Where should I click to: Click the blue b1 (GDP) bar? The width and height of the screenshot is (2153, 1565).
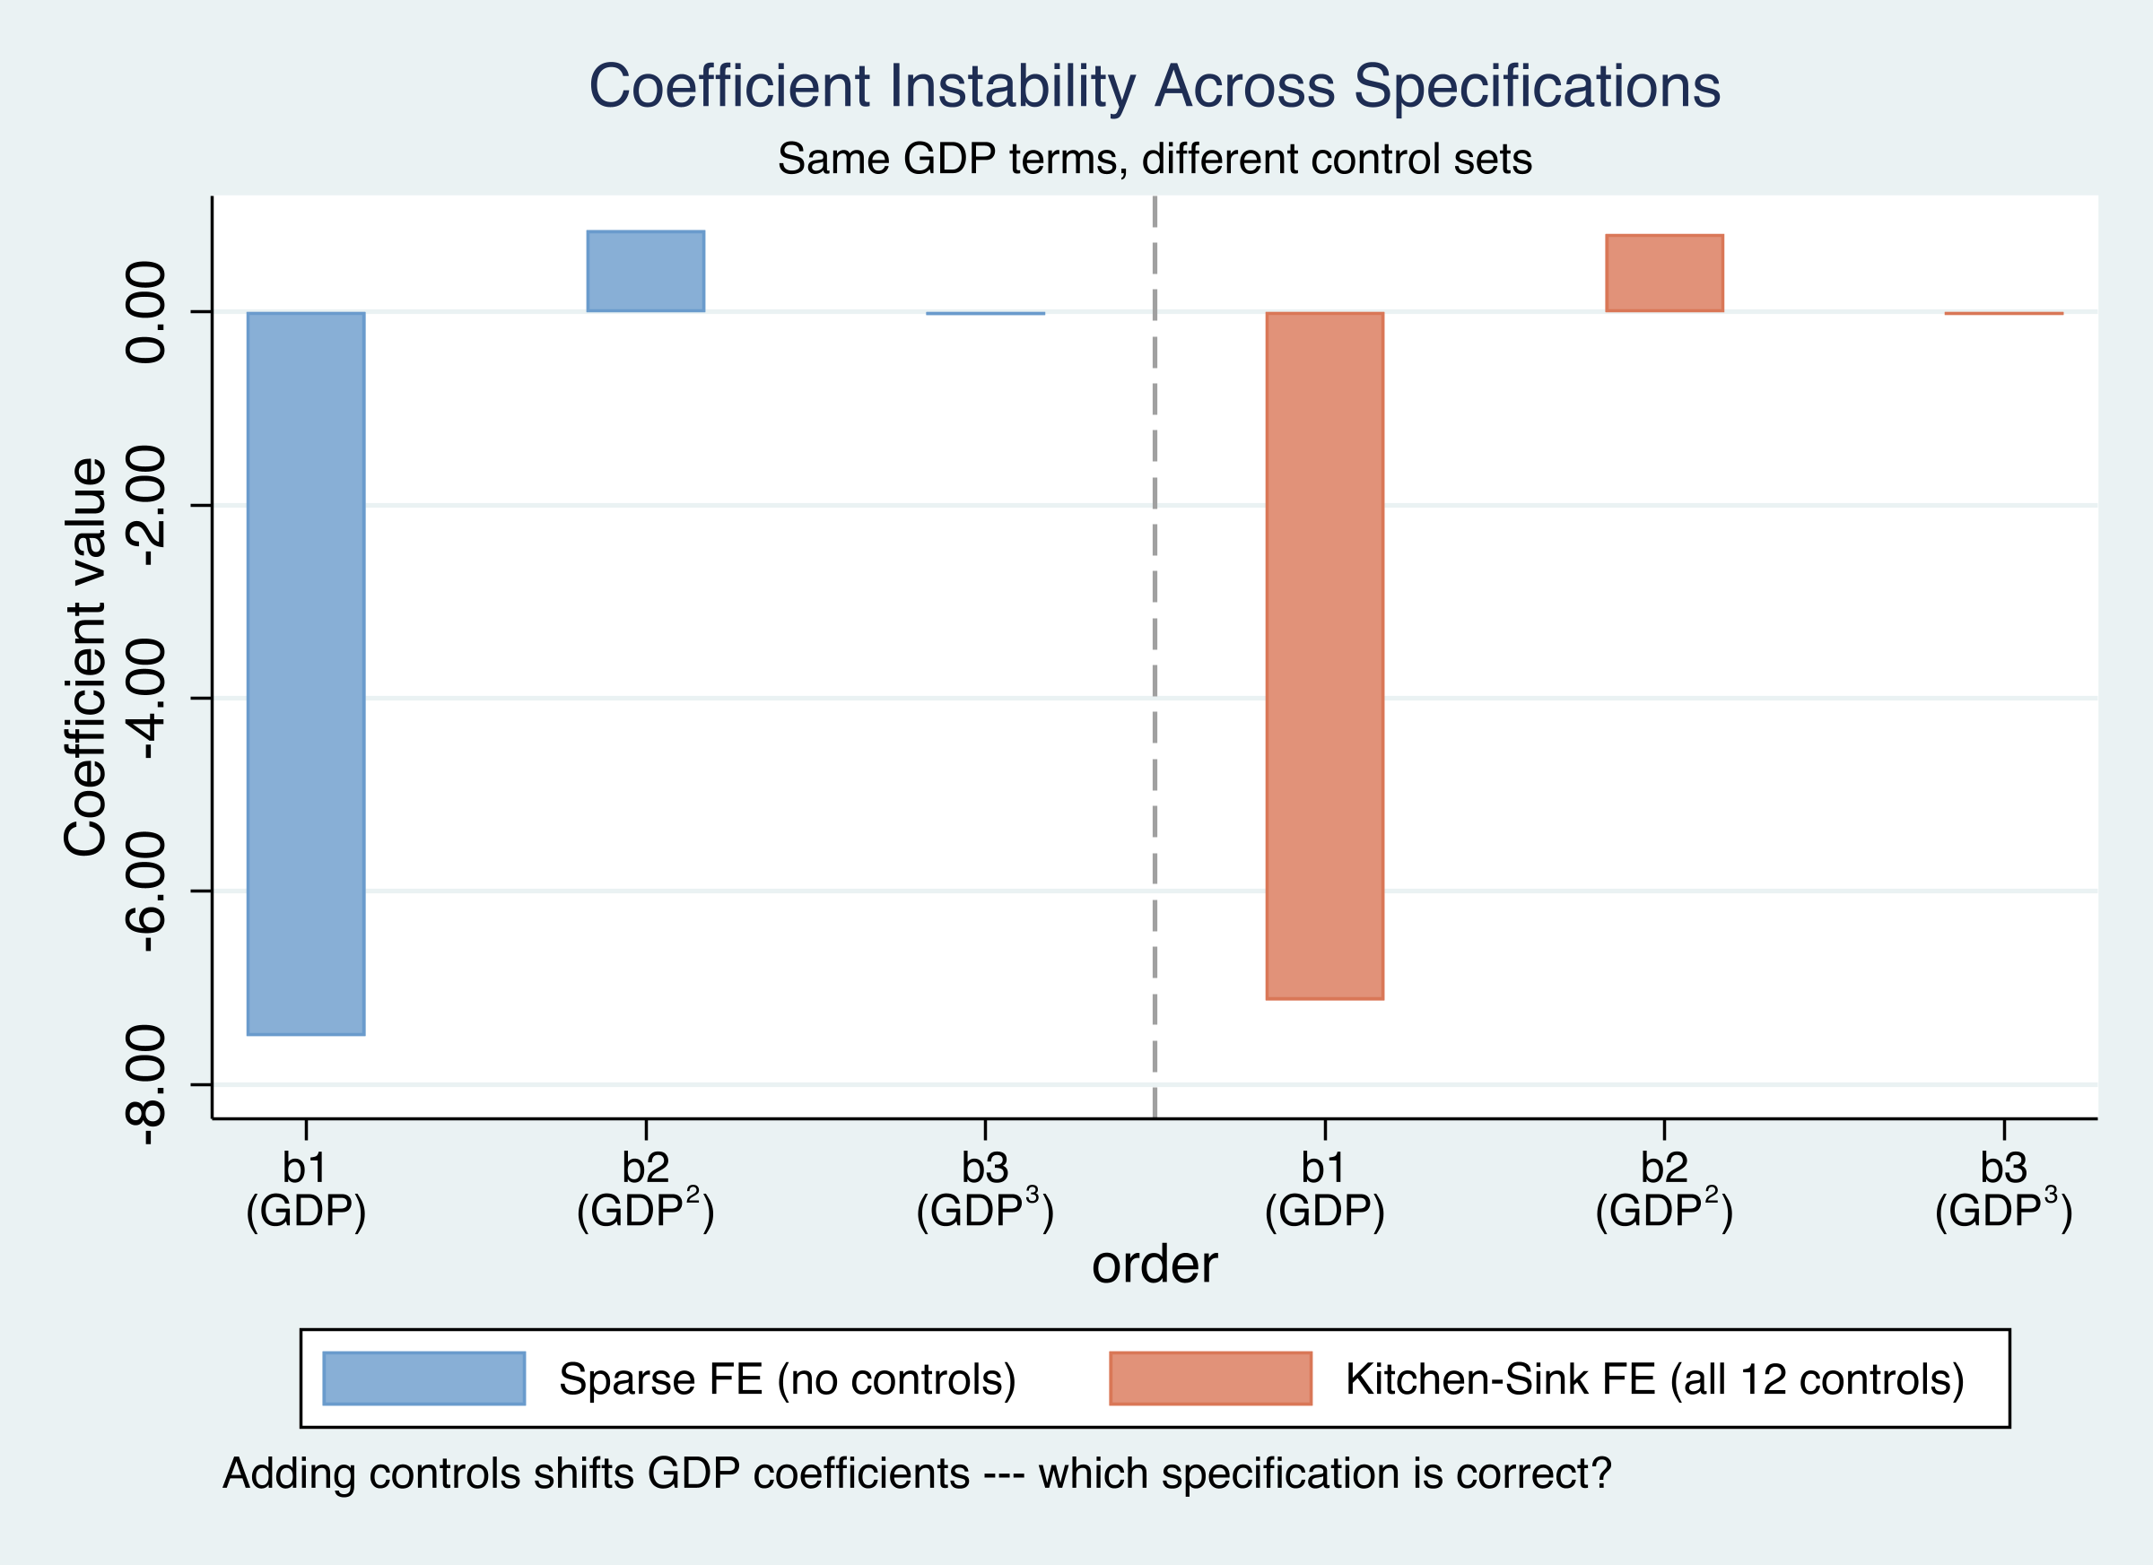306,673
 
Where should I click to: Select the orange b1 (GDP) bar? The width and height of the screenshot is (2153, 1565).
1324,656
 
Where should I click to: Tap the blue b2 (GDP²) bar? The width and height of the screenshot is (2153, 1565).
646,272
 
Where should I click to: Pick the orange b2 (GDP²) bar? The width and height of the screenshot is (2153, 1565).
1664,274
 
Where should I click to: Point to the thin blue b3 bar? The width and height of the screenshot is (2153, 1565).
985,313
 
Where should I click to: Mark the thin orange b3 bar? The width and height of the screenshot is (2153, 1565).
2004,313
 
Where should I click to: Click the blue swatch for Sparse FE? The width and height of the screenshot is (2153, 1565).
423,1378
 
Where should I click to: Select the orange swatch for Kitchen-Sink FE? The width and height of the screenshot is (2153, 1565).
1210,1378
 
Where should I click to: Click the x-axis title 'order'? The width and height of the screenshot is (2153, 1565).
1155,1265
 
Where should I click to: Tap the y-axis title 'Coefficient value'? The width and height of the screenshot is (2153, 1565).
85,657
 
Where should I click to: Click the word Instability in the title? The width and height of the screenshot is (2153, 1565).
1012,86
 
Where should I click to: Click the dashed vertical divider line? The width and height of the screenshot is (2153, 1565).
1155,665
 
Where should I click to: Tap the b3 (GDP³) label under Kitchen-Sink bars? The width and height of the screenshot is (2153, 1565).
2004,1189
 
